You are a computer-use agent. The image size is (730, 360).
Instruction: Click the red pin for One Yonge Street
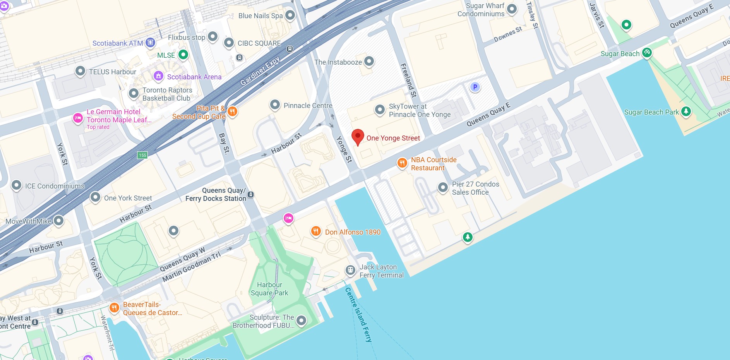click(358, 137)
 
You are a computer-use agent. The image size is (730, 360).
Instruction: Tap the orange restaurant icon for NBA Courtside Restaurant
click(402, 163)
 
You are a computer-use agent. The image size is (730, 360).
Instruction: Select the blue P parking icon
click(475, 87)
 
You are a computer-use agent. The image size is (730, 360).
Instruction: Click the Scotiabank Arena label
click(194, 77)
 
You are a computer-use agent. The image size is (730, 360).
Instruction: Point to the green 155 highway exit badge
click(142, 155)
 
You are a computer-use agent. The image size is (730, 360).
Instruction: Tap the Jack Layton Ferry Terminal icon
click(350, 270)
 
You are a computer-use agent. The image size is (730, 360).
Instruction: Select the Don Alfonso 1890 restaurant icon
click(316, 231)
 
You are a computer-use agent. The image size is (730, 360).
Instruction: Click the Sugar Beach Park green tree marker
click(686, 111)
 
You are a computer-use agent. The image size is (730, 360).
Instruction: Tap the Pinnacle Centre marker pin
click(275, 105)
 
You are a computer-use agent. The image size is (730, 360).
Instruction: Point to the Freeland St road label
click(408, 80)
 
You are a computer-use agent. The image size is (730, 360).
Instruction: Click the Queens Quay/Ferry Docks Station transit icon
click(251, 194)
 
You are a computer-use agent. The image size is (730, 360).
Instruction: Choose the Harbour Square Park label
click(269, 289)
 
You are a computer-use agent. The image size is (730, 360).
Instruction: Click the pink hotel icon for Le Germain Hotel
click(78, 118)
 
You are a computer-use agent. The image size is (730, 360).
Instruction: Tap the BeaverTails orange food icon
click(114, 308)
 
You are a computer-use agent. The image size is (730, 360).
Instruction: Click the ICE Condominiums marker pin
click(16, 185)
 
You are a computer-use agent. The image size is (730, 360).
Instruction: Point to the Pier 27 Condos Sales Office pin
click(443, 187)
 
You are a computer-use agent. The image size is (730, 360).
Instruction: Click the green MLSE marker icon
click(183, 55)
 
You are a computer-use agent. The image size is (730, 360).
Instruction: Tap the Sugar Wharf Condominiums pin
click(512, 9)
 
